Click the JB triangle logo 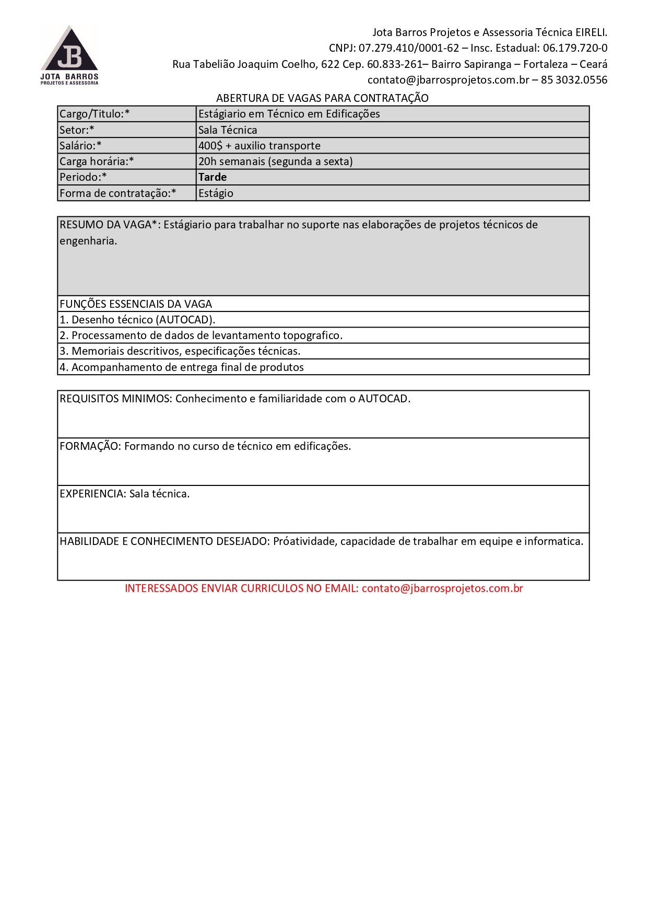pyautogui.click(x=69, y=52)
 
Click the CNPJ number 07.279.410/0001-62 pyautogui.click(x=408, y=48)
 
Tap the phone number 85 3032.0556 pyautogui.click(x=574, y=80)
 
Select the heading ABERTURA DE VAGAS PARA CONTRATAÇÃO pyautogui.click(x=322, y=98)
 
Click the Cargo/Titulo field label pyautogui.click(x=95, y=114)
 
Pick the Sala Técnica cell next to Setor pyautogui.click(x=228, y=130)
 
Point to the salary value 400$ pyautogui.click(x=210, y=146)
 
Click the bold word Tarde pyautogui.click(x=213, y=177)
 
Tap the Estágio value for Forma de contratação pyautogui.click(x=216, y=193)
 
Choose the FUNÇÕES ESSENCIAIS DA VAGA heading pyautogui.click(x=136, y=304)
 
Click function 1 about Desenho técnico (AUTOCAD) pyautogui.click(x=137, y=320)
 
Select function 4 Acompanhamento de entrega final pyautogui.click(x=182, y=367)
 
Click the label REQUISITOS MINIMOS pyautogui.click(x=115, y=399)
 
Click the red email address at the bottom pyautogui.click(x=442, y=588)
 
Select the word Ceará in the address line pyautogui.click(x=593, y=64)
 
